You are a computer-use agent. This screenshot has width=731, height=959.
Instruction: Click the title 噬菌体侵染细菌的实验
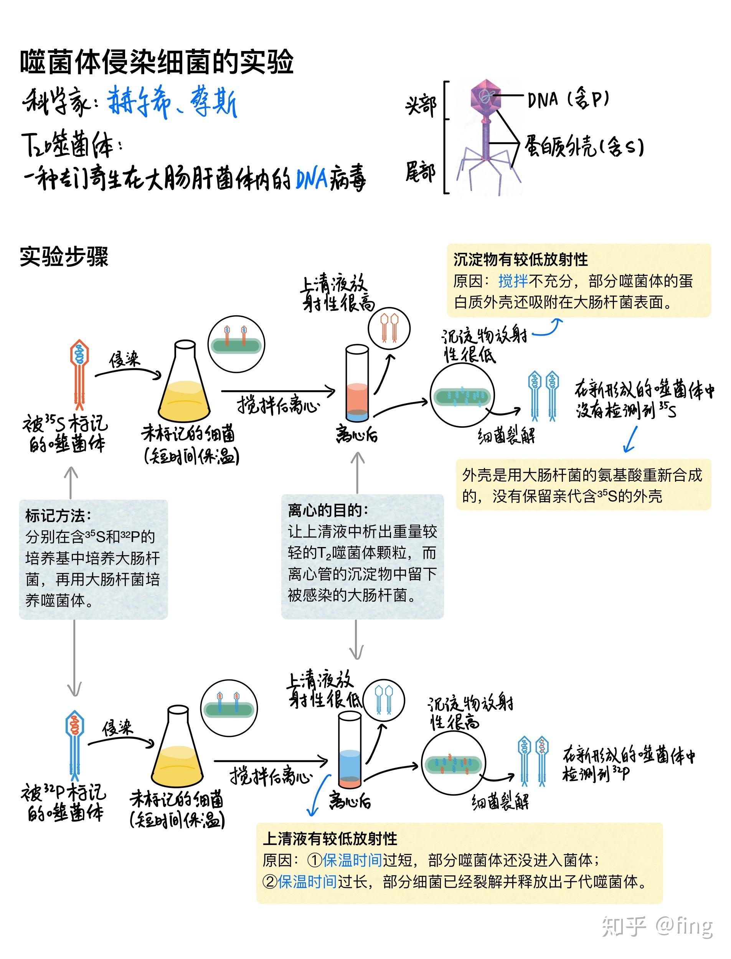(157, 62)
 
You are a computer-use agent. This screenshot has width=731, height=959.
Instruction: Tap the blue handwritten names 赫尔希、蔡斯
(172, 102)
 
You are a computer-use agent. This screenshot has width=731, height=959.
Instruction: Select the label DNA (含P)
(568, 99)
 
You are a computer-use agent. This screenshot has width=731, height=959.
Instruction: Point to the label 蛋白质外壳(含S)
(583, 146)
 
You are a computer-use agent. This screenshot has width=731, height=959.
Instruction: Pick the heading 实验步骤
(64, 257)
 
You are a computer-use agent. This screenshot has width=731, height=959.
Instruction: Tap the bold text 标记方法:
(58, 516)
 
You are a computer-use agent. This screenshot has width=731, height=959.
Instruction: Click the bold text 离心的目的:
(328, 510)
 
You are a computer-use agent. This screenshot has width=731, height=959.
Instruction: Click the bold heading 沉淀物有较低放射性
(520, 260)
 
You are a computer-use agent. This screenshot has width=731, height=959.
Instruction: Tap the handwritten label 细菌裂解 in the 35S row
(507, 435)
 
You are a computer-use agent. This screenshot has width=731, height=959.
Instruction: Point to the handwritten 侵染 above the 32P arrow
(117, 728)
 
